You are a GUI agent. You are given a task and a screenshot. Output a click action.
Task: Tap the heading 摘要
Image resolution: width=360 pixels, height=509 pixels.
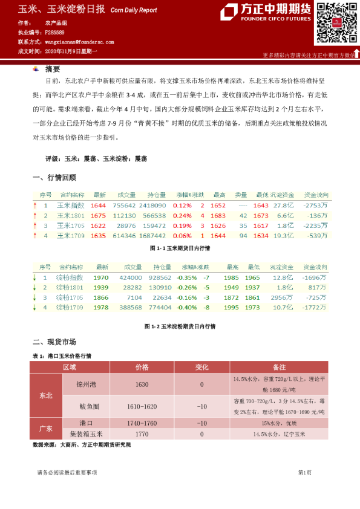53,69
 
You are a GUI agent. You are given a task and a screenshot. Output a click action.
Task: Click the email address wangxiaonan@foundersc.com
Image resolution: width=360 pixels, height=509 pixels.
79,42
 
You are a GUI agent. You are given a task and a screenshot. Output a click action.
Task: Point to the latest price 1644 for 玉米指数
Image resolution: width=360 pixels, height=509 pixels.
98,206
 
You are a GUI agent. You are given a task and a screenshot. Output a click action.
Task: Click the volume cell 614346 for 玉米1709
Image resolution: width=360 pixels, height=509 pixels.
125,235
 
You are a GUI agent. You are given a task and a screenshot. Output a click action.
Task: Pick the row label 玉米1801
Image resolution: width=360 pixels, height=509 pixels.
71,215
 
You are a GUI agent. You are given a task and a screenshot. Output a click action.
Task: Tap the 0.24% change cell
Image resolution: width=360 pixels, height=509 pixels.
182,215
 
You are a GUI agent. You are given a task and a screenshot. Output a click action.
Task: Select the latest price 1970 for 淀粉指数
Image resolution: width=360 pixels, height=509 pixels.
101,277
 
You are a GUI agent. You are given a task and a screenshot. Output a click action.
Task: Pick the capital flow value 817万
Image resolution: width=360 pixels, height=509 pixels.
318,287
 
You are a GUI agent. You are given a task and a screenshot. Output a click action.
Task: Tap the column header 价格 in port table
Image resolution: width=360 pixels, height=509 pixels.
142,367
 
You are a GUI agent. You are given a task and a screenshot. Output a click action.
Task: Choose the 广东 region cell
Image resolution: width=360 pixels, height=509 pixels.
46,428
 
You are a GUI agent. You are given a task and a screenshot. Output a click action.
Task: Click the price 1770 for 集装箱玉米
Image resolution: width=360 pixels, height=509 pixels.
142,434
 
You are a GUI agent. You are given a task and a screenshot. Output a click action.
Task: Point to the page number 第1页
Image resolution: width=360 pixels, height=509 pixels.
304,472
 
